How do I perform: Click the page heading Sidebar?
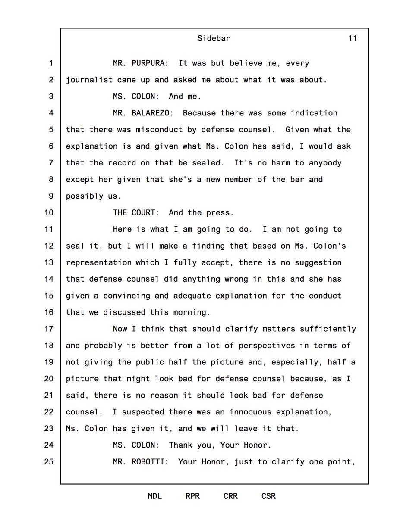[x=214, y=38]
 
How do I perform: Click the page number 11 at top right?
[x=352, y=38]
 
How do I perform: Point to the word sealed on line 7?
[x=211, y=163]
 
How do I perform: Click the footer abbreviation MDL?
[x=155, y=496]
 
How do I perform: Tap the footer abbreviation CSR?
[x=268, y=496]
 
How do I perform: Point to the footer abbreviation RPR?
[x=192, y=496]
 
